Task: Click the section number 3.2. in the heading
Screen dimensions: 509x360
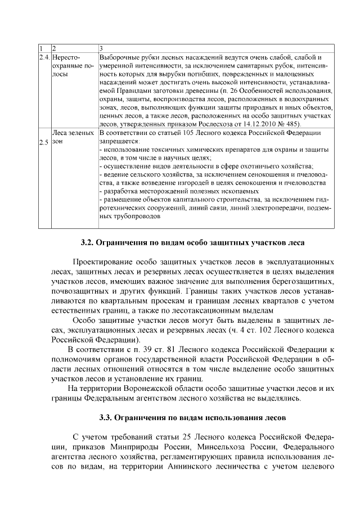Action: point(85,244)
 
